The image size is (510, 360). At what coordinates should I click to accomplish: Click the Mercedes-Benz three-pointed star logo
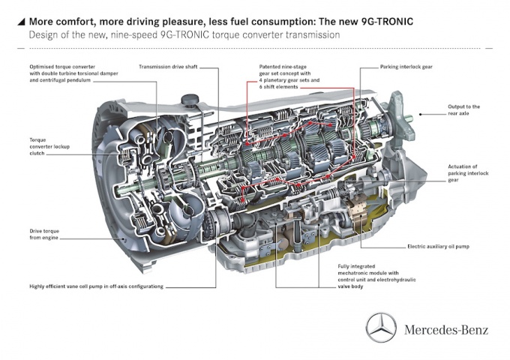(381, 327)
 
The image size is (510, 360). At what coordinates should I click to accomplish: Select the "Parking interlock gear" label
(406, 67)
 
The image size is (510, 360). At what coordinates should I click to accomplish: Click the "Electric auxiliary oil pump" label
(439, 245)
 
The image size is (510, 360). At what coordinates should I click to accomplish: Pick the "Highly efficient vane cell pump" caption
(97, 286)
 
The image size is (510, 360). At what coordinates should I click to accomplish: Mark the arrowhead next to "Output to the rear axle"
(421, 115)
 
